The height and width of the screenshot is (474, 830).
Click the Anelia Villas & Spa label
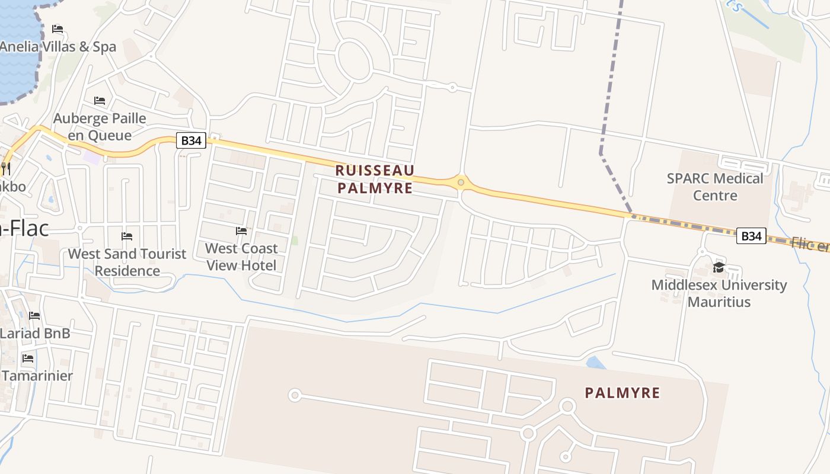pos(58,46)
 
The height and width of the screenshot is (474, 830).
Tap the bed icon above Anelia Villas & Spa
pos(58,28)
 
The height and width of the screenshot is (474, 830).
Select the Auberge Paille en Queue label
pos(100,127)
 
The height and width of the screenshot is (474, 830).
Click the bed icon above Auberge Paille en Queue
pos(100,101)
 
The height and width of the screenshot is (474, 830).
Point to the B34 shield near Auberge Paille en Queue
pos(191,140)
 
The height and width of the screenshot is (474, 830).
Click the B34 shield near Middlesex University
pos(751,236)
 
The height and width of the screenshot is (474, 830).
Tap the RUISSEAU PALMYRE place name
pos(375,179)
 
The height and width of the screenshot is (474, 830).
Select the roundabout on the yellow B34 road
pos(461,182)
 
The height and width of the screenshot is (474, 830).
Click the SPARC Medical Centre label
pos(715,187)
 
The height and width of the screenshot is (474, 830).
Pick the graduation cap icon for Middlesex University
pos(719,267)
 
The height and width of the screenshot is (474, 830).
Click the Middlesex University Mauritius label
pos(719,293)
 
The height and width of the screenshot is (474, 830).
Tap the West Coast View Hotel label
pos(241,257)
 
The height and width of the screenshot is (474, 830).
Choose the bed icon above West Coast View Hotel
pos(241,230)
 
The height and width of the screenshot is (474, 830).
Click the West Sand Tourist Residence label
pos(127,262)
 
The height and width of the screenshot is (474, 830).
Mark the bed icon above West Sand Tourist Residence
pos(127,236)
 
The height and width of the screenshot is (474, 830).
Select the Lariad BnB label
pos(35,333)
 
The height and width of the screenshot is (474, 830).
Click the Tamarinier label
pos(37,376)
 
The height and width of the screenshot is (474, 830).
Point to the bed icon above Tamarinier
pos(28,358)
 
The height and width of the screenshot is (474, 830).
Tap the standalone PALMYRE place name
pos(622,393)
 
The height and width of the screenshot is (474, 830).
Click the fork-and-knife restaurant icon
pos(6,168)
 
